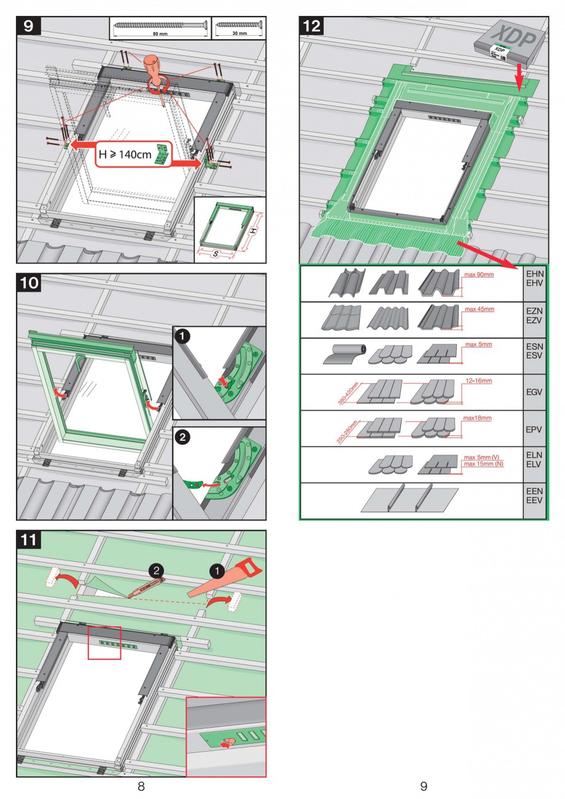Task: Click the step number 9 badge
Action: point(29,26)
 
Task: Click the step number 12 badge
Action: point(312,26)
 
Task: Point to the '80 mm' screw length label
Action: point(159,34)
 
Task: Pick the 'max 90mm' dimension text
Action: point(479,275)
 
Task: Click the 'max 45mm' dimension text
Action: point(479,309)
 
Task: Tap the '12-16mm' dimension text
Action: point(479,381)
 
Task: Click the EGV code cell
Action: point(534,392)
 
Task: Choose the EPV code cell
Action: point(534,428)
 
